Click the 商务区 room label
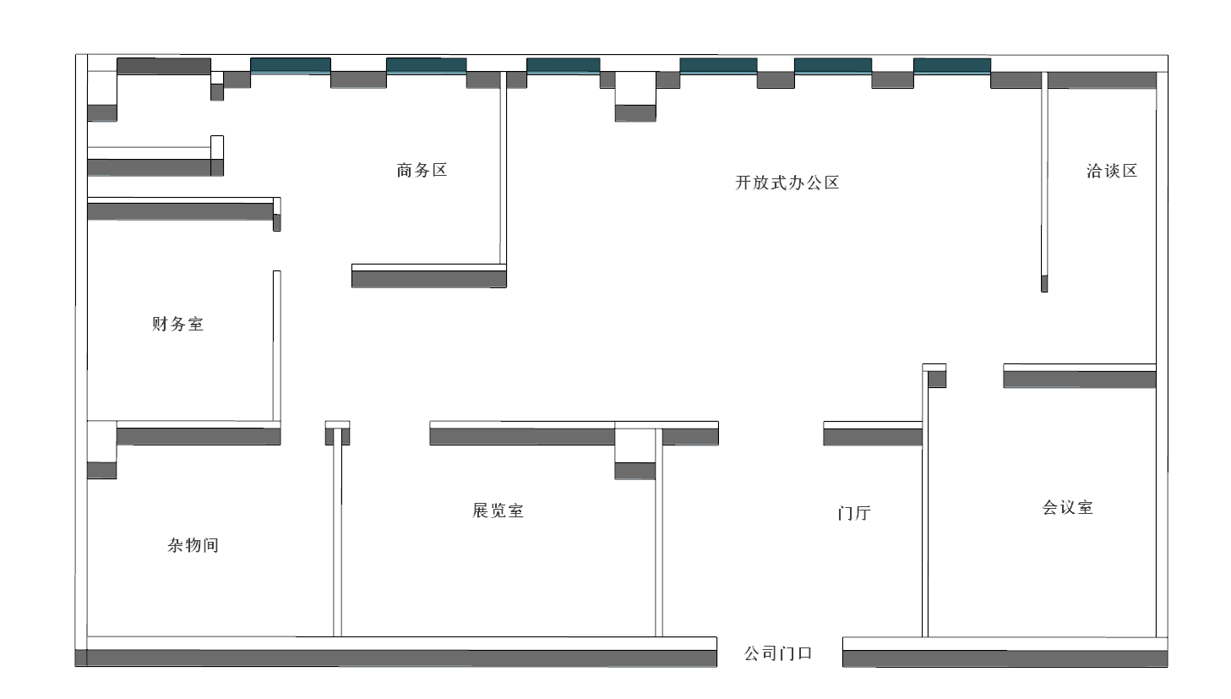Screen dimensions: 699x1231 click(x=422, y=171)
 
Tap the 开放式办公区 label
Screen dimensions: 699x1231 click(x=787, y=183)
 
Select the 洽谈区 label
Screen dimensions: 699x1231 click(x=1112, y=172)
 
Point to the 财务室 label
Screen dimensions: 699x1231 click(x=177, y=324)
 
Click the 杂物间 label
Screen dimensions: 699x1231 click(x=193, y=545)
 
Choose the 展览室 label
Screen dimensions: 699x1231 click(x=498, y=511)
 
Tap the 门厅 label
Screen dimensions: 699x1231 click(x=854, y=513)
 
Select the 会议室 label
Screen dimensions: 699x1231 click(x=1068, y=507)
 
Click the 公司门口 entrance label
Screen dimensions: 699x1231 click(x=778, y=653)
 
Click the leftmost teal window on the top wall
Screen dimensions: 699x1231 click(x=290, y=65)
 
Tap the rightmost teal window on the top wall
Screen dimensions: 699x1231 click(x=951, y=65)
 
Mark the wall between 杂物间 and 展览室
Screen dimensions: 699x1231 click(x=337, y=532)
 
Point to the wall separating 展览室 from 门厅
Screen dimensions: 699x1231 click(x=659, y=541)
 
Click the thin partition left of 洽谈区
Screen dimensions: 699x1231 click(x=1044, y=182)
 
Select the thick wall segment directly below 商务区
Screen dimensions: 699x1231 click(x=428, y=276)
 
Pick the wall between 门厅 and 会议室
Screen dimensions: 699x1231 click(x=924, y=524)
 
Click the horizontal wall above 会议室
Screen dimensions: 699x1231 click(x=1079, y=376)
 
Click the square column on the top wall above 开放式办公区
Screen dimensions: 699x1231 click(x=635, y=96)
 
